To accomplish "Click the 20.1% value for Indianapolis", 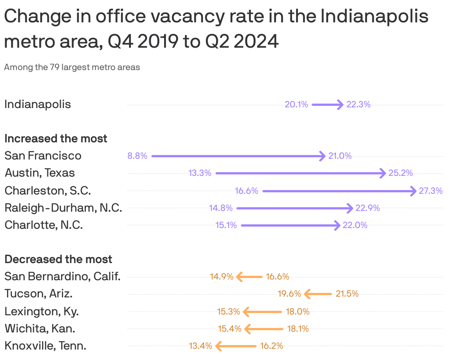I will pyautogui.click(x=296, y=105).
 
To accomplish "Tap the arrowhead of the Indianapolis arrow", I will pyautogui.click(x=340, y=105).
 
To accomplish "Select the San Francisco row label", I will pyautogui.click(x=43, y=155).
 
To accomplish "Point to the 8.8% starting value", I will pyautogui.click(x=137, y=156).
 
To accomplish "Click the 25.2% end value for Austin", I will pyautogui.click(x=401, y=173).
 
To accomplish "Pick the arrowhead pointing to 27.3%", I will pyautogui.click(x=413, y=191).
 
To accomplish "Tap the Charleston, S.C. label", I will pyautogui.click(x=48, y=190).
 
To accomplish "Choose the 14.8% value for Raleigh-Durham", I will pyautogui.click(x=221, y=208).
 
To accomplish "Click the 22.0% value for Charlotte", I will pyautogui.click(x=355, y=225).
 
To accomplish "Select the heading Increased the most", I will pyautogui.click(x=56, y=139).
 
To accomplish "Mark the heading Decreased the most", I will pyautogui.click(x=59, y=259).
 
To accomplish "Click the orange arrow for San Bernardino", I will pyautogui.click(x=250, y=277).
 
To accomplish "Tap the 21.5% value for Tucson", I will pyautogui.click(x=347, y=294).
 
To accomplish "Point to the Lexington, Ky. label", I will pyautogui.click(x=42, y=311).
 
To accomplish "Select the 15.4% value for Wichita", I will pyautogui.click(x=230, y=329).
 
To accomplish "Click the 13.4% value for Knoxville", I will pyautogui.click(x=201, y=346).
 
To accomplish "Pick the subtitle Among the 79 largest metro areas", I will pyautogui.click(x=72, y=67).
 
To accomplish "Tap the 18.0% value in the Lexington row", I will pyautogui.click(x=298, y=312).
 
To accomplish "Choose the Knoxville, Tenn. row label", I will pyautogui.click(x=45, y=346).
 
